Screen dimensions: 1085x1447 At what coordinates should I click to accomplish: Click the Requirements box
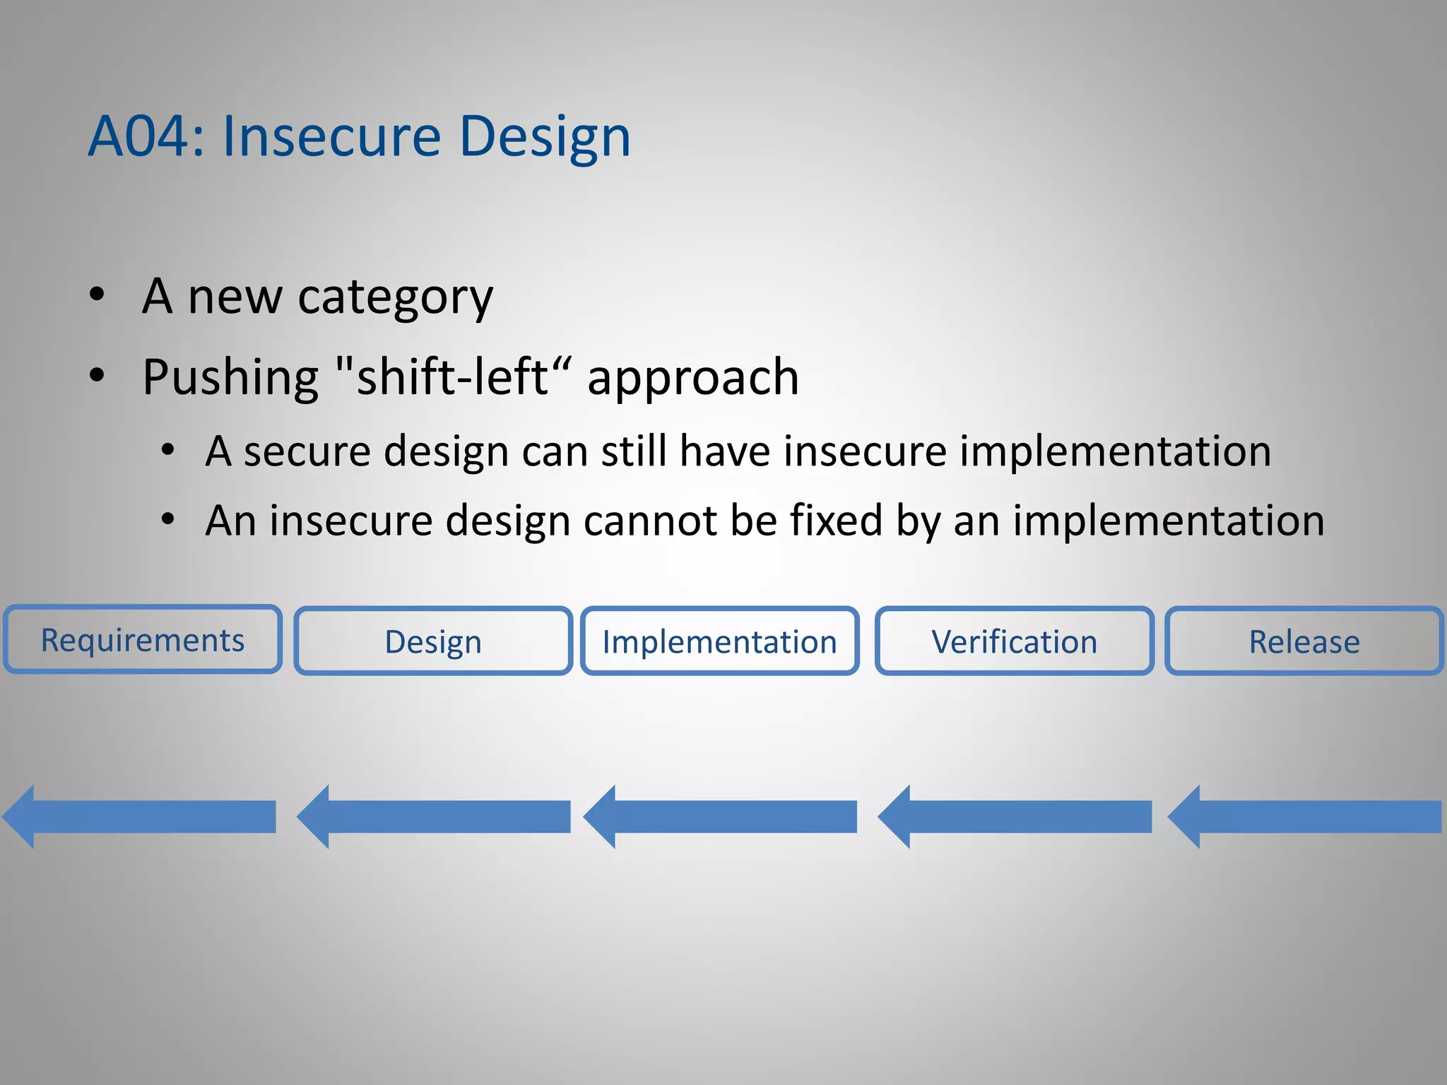click(143, 640)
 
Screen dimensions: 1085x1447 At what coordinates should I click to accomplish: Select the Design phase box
click(433, 641)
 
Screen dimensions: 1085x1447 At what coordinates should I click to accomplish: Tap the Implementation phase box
click(719, 641)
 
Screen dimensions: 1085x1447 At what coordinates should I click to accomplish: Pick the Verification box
click(1014, 641)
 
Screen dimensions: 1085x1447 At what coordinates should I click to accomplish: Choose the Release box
click(1304, 641)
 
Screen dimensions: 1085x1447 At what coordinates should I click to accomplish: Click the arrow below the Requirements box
click(141, 817)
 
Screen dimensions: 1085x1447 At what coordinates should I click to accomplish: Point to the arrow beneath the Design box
click(435, 817)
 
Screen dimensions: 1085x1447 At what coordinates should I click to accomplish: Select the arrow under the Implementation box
click(721, 817)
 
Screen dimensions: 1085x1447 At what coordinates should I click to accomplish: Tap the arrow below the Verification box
click(1015, 817)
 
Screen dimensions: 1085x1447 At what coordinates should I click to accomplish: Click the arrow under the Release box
click(1305, 817)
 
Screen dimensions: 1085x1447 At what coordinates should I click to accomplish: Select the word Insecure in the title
click(331, 136)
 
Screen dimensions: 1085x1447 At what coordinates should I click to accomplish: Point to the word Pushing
click(230, 378)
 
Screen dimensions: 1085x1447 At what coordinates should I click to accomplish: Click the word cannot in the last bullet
click(650, 521)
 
